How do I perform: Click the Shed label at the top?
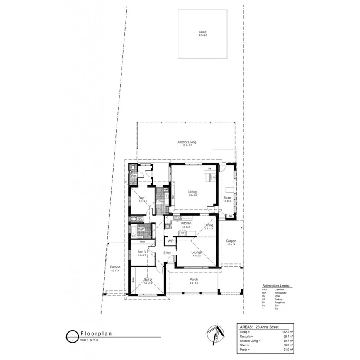pyautogui.click(x=203, y=32)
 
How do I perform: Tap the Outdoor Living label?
pyautogui.click(x=186, y=142)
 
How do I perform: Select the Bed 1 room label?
pyautogui.click(x=143, y=198)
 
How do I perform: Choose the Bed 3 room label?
pyautogui.click(x=142, y=252)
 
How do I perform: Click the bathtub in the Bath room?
pyautogui.click(x=133, y=231)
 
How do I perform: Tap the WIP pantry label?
pyautogui.click(x=170, y=241)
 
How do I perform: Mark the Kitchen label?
pyautogui.click(x=186, y=224)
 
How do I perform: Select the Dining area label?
pyautogui.click(x=209, y=225)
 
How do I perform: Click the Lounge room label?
pyautogui.click(x=197, y=252)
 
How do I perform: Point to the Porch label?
pyautogui.click(x=194, y=280)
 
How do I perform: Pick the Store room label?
pyautogui.click(x=227, y=198)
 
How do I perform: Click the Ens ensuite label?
pyautogui.click(x=134, y=176)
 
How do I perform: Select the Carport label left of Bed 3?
pyautogui.click(x=115, y=267)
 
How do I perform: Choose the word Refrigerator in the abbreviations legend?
pyautogui.click(x=281, y=293)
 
